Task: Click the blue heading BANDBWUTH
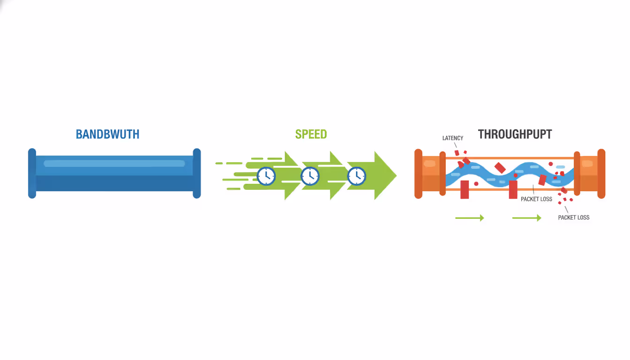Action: click(x=107, y=134)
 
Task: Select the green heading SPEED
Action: click(x=311, y=134)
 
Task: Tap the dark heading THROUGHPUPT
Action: click(x=515, y=134)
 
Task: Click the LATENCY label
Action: click(x=452, y=138)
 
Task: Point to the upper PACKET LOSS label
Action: click(x=536, y=199)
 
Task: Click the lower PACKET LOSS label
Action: click(x=573, y=217)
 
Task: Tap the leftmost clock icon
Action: click(x=266, y=176)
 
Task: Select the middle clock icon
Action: click(x=310, y=176)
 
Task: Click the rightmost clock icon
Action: click(x=357, y=176)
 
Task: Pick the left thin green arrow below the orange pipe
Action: click(x=469, y=218)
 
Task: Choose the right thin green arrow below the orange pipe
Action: click(x=526, y=218)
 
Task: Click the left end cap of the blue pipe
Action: click(x=32, y=173)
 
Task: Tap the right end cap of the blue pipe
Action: click(x=197, y=173)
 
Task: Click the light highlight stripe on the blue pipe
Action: click(x=114, y=164)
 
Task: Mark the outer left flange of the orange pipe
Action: click(x=419, y=173)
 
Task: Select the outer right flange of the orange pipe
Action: click(x=601, y=173)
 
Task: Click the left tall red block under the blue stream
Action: click(x=465, y=189)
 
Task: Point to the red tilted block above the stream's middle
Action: click(x=500, y=168)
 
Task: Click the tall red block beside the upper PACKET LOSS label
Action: click(x=513, y=189)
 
